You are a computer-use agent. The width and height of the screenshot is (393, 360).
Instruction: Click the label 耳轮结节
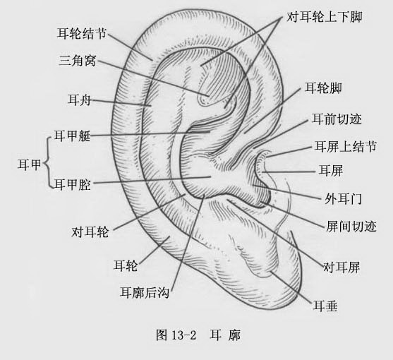[82, 33]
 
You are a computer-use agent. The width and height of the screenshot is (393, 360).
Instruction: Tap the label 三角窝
[78, 61]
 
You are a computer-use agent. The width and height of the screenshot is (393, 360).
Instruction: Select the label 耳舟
[79, 100]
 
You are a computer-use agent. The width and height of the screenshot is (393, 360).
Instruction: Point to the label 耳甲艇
[72, 136]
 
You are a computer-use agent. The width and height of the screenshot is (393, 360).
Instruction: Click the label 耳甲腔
[73, 184]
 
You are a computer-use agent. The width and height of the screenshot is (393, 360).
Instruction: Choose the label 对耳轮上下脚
[325, 17]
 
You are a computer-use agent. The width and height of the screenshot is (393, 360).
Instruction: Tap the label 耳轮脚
[323, 88]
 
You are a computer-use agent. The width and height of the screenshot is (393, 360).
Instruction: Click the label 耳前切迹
[337, 119]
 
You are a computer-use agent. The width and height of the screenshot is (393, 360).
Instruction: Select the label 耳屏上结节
[346, 146]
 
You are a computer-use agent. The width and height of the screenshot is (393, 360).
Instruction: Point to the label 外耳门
[343, 199]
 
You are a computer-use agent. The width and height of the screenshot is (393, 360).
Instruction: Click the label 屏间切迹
[351, 226]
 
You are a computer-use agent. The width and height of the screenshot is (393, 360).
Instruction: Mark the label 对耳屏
[341, 267]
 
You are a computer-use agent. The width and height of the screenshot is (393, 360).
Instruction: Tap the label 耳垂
[325, 306]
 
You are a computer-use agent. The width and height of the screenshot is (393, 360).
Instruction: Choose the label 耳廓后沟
[145, 292]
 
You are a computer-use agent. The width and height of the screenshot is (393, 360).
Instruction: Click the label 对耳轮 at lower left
[90, 232]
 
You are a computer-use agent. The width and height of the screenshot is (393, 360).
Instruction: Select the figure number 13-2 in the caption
[184, 335]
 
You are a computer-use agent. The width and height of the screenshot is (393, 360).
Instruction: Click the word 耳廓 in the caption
[225, 335]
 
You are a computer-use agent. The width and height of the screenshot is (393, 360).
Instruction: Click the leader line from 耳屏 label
[289, 172]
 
